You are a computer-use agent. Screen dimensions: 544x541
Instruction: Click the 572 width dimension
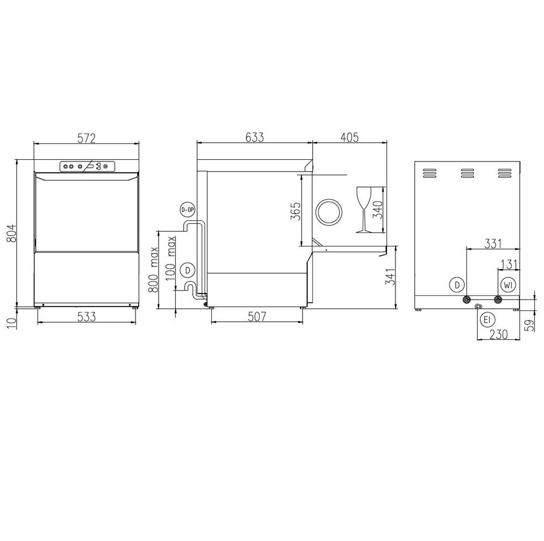(x=86, y=138)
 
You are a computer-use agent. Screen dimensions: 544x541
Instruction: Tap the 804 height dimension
(x=11, y=233)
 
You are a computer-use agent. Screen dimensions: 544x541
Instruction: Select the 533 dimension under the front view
(x=86, y=316)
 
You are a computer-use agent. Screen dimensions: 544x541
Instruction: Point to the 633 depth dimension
(x=254, y=137)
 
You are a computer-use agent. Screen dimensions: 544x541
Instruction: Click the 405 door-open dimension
(x=350, y=137)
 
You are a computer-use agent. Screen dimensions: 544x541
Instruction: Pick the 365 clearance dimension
(x=295, y=211)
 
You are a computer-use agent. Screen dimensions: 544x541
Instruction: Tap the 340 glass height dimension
(x=377, y=210)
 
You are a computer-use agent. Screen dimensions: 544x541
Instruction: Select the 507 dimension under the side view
(x=257, y=316)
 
